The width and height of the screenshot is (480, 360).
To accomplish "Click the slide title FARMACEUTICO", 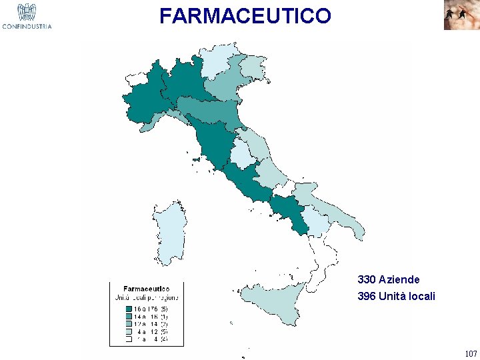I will pyautogui.click(x=245, y=16).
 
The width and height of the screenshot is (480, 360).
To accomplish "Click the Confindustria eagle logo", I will pyautogui.click(x=27, y=15).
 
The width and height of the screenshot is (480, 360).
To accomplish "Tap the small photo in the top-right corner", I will pyautogui.click(x=461, y=15).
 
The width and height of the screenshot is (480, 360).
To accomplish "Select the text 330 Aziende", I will pyautogui.click(x=389, y=280).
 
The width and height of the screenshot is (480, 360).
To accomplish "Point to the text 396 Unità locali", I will pyautogui.click(x=396, y=296).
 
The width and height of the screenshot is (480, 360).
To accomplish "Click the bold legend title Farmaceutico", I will pyautogui.click(x=146, y=289).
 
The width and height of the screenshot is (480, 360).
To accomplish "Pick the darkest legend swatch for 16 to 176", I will pyautogui.click(x=129, y=309).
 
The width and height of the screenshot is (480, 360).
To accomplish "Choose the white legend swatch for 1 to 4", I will pyautogui.click(x=129, y=339).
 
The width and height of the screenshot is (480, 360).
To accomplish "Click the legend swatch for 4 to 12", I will pyautogui.click(x=129, y=331).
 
